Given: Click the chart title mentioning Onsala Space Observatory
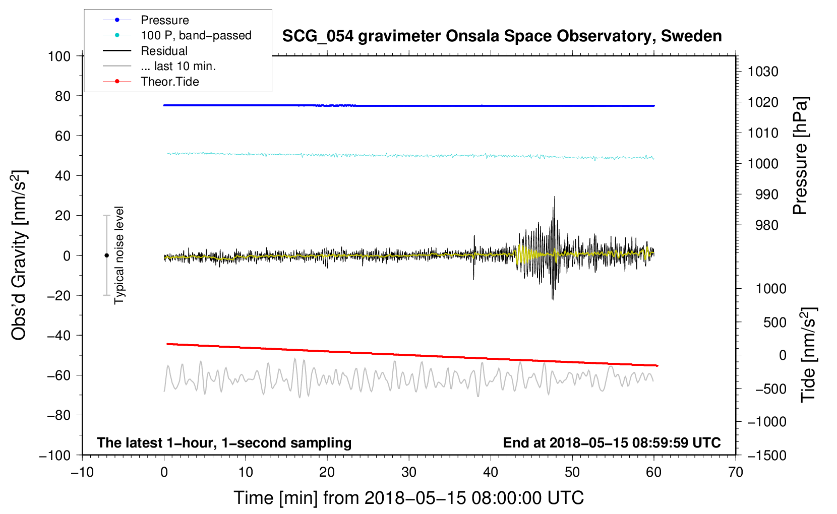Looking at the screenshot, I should (502, 36).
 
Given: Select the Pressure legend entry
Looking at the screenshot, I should (164, 20).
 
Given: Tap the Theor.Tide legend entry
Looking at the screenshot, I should (169, 82).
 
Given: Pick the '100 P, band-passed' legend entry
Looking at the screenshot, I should (196, 35).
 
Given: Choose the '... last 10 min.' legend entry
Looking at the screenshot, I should (178, 66).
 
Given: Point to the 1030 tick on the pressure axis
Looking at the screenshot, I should (762, 72).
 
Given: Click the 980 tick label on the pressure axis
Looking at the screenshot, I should (766, 225).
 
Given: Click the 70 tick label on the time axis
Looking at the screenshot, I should (736, 472).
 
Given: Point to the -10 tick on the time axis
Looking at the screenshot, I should (82, 472).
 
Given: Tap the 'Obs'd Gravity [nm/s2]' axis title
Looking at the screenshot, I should (19, 255).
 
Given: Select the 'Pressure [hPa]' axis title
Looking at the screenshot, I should (800, 156).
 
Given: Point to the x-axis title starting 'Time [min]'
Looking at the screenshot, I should (408, 498).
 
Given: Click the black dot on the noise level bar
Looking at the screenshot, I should (106, 255).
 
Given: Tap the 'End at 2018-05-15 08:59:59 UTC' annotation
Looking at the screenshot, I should (612, 442).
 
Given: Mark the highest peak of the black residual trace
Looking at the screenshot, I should (555, 197).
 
